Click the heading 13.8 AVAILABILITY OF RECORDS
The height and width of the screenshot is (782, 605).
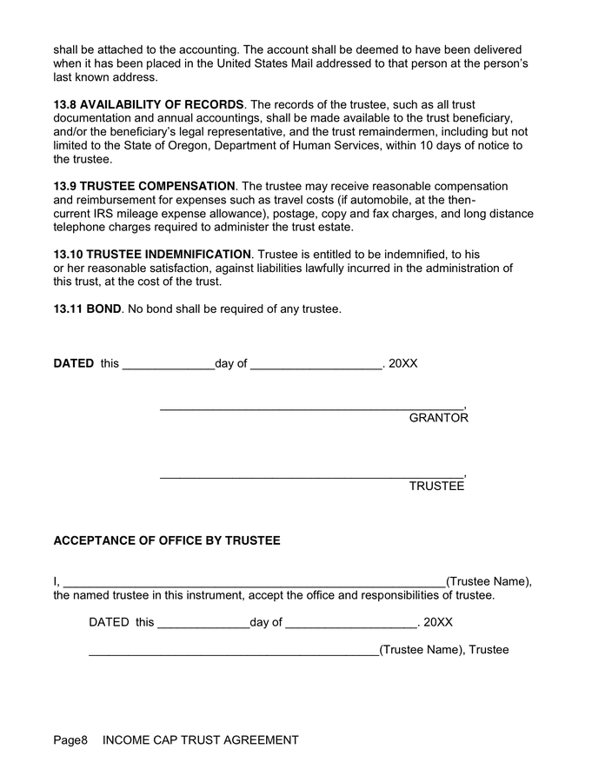pos(149,104)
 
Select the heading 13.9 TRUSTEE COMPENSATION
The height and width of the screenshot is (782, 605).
pos(144,186)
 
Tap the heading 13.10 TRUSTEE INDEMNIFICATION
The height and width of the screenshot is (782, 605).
pos(152,254)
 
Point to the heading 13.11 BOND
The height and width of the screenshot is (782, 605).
pos(87,308)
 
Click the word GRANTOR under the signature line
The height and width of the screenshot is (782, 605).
pos(438,418)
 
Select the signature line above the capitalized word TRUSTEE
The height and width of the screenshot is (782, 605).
pos(312,474)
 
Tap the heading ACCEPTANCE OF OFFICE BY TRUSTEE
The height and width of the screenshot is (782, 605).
pos(167,540)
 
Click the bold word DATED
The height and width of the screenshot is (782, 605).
pos(74,363)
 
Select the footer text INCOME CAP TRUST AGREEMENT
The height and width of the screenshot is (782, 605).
pos(200,740)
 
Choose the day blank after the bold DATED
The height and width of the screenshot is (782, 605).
pos(168,366)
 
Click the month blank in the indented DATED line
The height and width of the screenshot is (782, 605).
pos(350,625)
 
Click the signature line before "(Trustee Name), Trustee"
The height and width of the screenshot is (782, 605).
pos(233,653)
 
